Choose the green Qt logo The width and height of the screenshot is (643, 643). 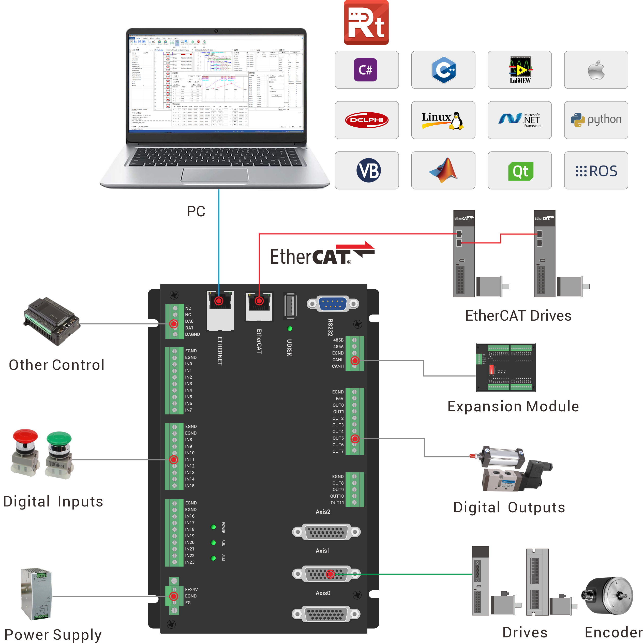[x=520, y=171]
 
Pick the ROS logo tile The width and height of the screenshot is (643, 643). [x=596, y=171]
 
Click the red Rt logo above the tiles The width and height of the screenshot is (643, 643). [x=366, y=23]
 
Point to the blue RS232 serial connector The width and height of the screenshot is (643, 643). [x=333, y=304]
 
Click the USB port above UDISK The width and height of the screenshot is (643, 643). [x=290, y=305]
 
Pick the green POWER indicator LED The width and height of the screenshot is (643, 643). [x=213, y=527]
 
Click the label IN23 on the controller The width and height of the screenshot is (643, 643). [x=190, y=562]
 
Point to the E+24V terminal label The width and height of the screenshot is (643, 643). [x=191, y=589]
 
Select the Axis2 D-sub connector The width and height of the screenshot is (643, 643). [x=326, y=532]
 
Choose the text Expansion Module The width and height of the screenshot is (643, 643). [x=513, y=406]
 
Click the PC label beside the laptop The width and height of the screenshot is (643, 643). [x=196, y=211]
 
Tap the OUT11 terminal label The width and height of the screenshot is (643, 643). [x=337, y=503]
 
